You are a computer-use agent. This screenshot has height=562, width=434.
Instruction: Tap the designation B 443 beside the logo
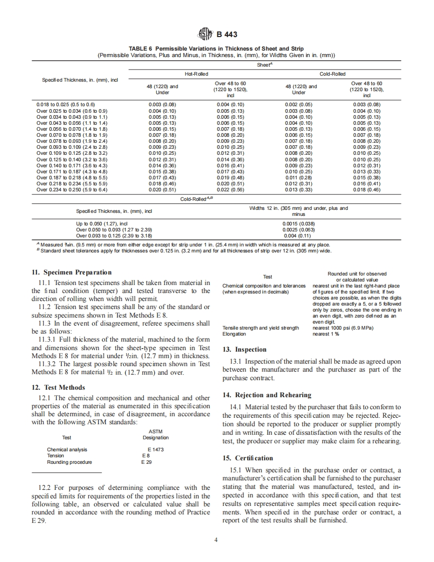click(227, 35)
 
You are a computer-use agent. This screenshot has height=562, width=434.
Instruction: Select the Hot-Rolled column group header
click(196, 74)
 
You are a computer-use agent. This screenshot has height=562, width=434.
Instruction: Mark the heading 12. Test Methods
click(58, 388)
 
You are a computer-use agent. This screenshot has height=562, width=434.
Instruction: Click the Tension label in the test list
click(55, 456)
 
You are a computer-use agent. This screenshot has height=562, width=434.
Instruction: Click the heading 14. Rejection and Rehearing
click(267, 395)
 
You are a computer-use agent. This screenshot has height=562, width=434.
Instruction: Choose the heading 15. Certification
click(248, 458)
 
